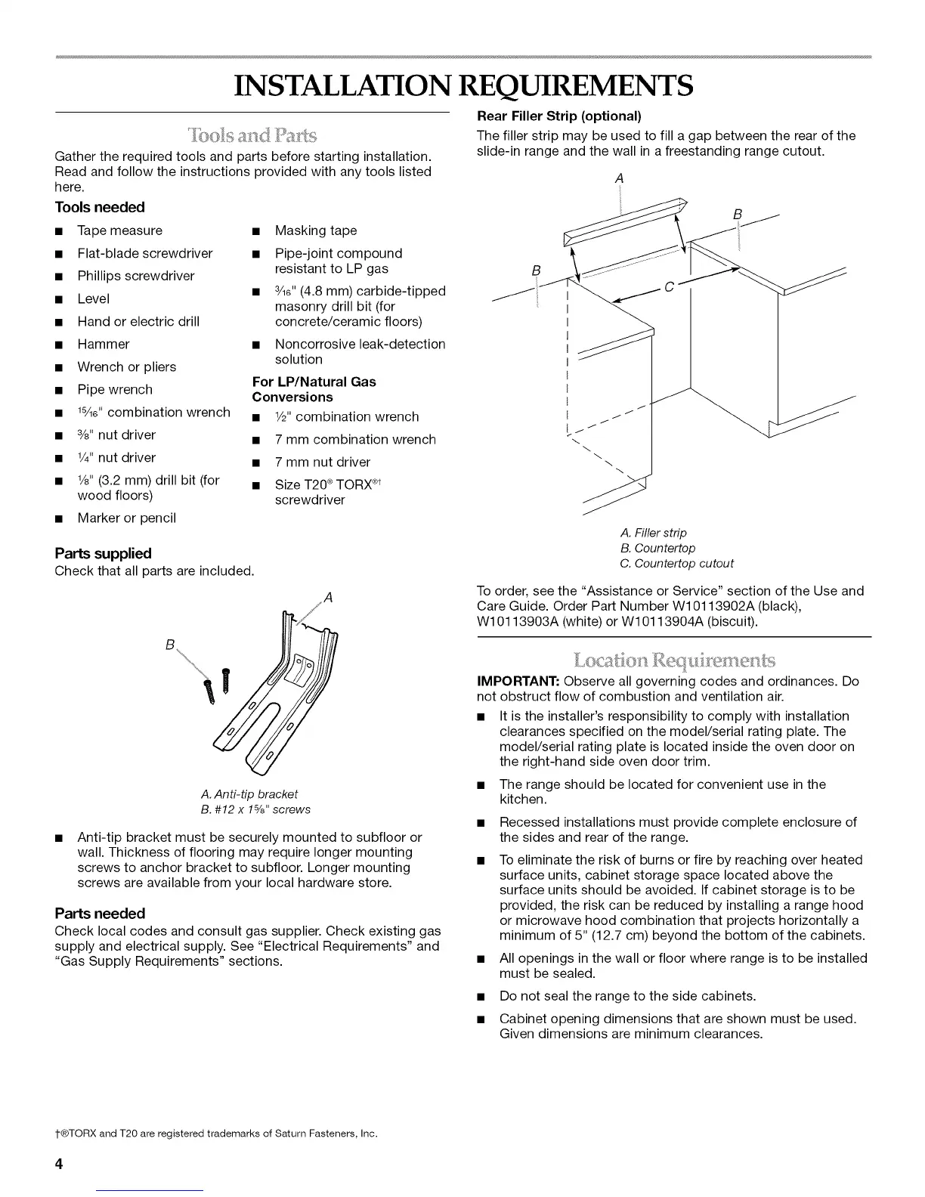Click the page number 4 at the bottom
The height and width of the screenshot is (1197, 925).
58,1163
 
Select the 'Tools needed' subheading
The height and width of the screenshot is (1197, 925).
100,207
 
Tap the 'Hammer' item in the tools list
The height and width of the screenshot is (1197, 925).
104,344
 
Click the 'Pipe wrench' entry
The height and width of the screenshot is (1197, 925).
115,389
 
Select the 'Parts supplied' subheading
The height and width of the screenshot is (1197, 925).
103,553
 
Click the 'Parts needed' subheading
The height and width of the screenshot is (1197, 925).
100,913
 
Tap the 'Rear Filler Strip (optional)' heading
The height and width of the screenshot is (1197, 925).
559,116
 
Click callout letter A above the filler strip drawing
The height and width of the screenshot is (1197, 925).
619,178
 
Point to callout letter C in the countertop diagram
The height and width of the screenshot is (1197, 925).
668,286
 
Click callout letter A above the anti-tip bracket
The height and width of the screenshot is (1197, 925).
327,598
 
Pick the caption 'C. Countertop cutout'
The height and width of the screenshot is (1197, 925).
676,563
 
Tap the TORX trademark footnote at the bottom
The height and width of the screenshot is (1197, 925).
216,1134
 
